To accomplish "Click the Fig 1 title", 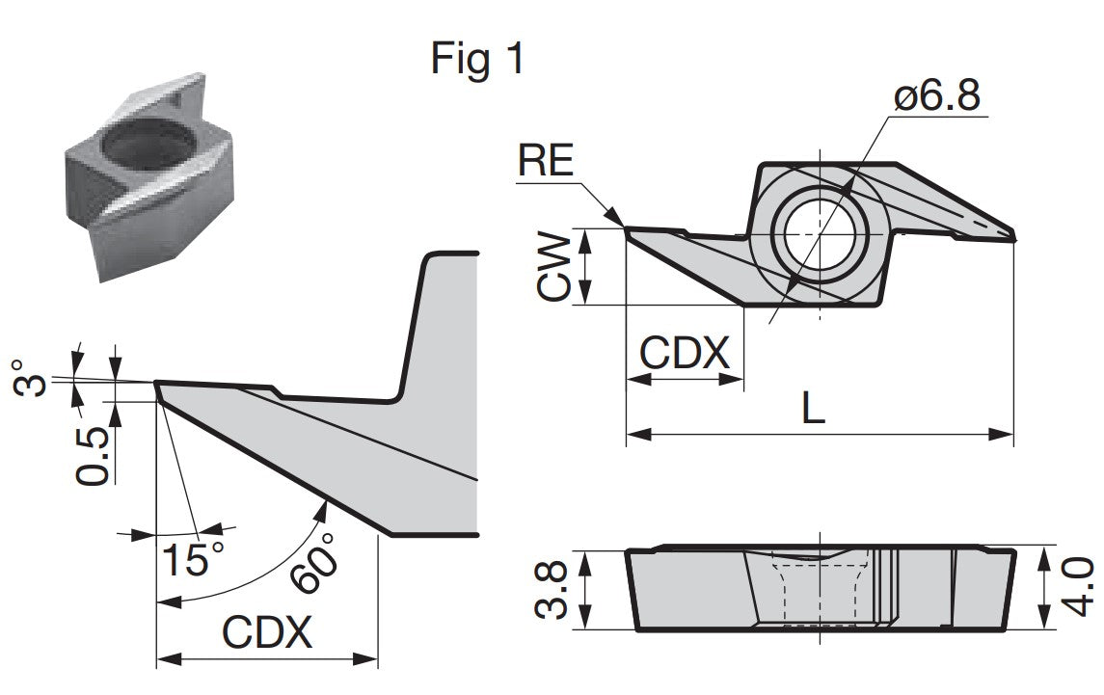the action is (x=477, y=58).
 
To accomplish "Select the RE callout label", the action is (x=546, y=160).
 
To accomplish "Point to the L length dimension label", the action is (x=814, y=408).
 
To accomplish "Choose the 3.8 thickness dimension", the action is (x=551, y=589).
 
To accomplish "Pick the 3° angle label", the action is (x=30, y=378).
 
